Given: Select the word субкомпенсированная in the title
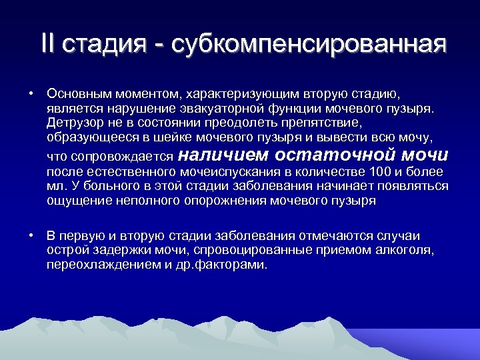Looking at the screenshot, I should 309,45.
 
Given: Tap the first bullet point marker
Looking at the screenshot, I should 31,93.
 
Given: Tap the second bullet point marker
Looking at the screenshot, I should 31,236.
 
